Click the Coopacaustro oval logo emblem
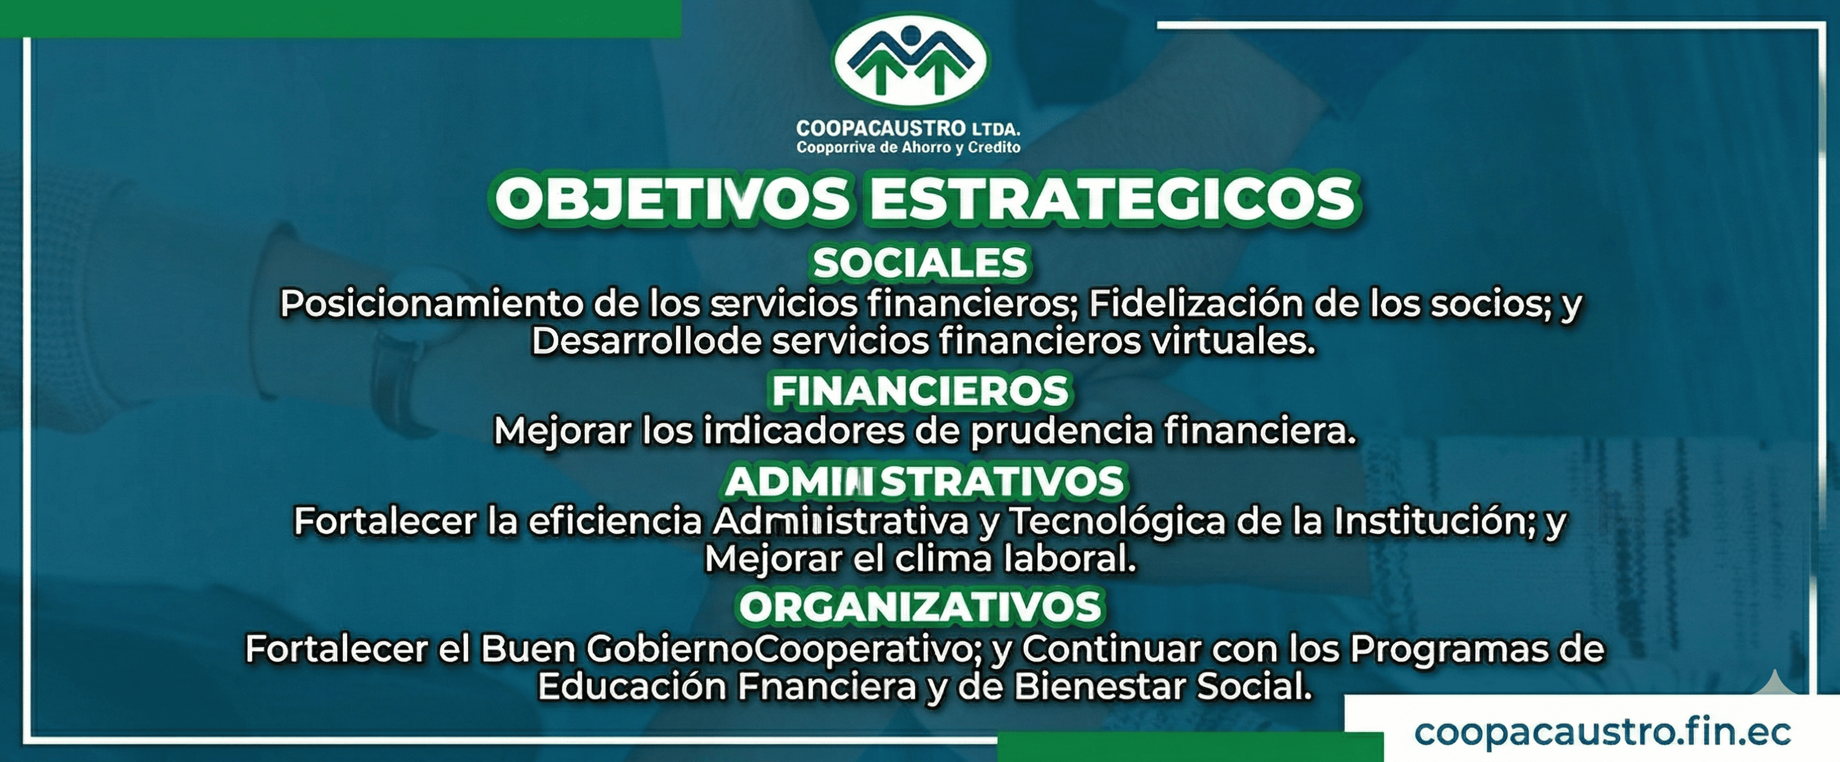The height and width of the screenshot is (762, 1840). click(910, 62)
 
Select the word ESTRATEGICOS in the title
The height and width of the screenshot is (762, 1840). click(1112, 199)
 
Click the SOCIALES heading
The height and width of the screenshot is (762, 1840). click(920, 263)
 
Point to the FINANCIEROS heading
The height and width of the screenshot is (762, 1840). click(920, 391)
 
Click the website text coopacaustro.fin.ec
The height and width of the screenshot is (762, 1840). click(1602, 732)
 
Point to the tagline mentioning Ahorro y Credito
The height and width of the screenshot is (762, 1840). click(908, 148)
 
